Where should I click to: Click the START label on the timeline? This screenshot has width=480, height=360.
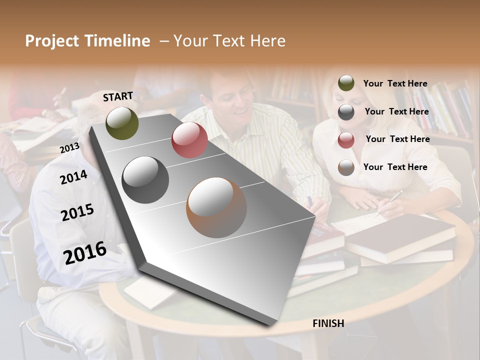point(118,96)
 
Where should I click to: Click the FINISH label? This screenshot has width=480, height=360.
point(328,323)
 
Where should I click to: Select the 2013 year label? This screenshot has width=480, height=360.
point(69,147)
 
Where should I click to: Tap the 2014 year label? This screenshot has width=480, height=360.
point(73,177)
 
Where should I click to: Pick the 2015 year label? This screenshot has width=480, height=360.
point(77,212)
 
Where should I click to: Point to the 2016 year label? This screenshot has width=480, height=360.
point(85,252)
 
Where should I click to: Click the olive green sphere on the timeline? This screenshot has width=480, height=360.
point(122,123)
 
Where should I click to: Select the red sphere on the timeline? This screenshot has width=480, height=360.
point(189,140)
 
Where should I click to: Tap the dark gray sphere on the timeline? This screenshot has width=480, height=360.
point(145,180)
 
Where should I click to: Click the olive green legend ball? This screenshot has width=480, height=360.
point(346,83)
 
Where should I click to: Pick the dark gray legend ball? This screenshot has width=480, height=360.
point(346,112)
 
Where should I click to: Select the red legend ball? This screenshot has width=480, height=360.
point(346,140)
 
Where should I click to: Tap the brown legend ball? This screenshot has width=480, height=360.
point(346,167)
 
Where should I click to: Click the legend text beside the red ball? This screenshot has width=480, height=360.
point(397,139)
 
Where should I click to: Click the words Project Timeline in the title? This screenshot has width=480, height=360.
point(87,41)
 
